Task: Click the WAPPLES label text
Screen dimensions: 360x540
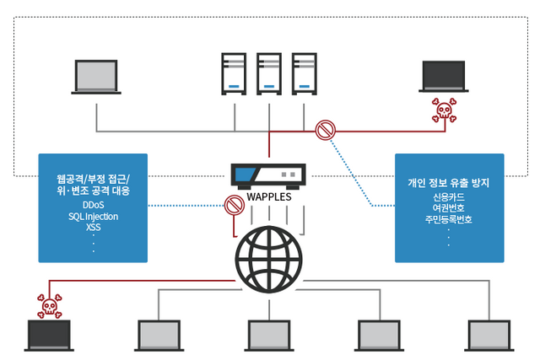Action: click(x=269, y=196)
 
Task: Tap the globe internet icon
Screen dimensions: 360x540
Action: click(x=269, y=258)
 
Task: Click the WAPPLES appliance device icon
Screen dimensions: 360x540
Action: click(x=269, y=175)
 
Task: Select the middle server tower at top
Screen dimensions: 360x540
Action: click(x=269, y=75)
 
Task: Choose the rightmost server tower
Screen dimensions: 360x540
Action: click(x=305, y=75)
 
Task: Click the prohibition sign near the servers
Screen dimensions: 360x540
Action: click(x=325, y=131)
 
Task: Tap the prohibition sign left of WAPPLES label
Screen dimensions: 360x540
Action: click(x=233, y=205)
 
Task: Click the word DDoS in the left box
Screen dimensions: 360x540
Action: click(x=94, y=206)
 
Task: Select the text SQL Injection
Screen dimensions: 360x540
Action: click(x=94, y=217)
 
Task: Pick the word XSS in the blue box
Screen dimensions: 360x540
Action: click(x=94, y=228)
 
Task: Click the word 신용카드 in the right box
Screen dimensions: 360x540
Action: click(x=448, y=197)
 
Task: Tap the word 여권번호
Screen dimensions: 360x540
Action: click(x=448, y=208)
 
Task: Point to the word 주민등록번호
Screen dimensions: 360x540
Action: click(x=448, y=219)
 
